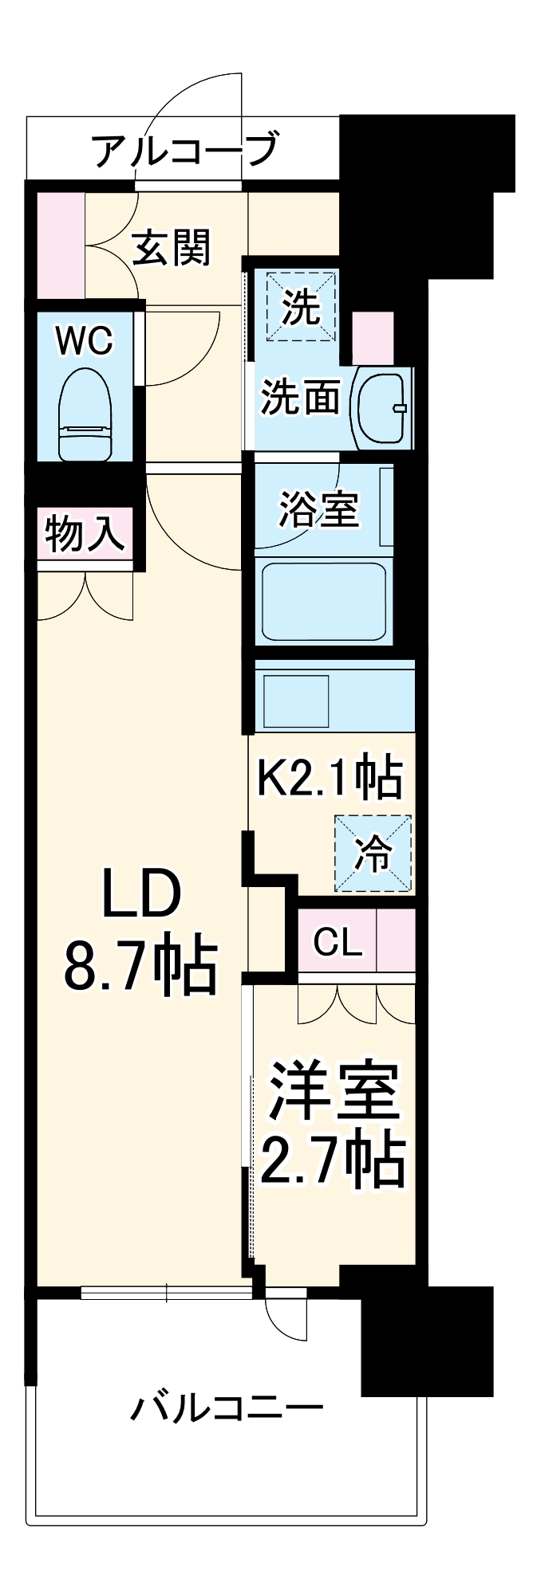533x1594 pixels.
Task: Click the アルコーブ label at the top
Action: pyautogui.click(x=185, y=150)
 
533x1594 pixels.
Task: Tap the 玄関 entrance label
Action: pyautogui.click(x=171, y=247)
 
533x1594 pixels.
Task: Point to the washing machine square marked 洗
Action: pyautogui.click(x=301, y=307)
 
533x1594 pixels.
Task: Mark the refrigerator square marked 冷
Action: pyautogui.click(x=373, y=854)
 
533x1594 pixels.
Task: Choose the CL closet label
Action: pyautogui.click(x=338, y=943)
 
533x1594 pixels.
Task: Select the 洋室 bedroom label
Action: pyautogui.click(x=333, y=1092)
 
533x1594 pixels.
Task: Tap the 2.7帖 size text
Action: pyautogui.click(x=333, y=1160)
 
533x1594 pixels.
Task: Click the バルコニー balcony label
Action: pyautogui.click(x=227, y=1408)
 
